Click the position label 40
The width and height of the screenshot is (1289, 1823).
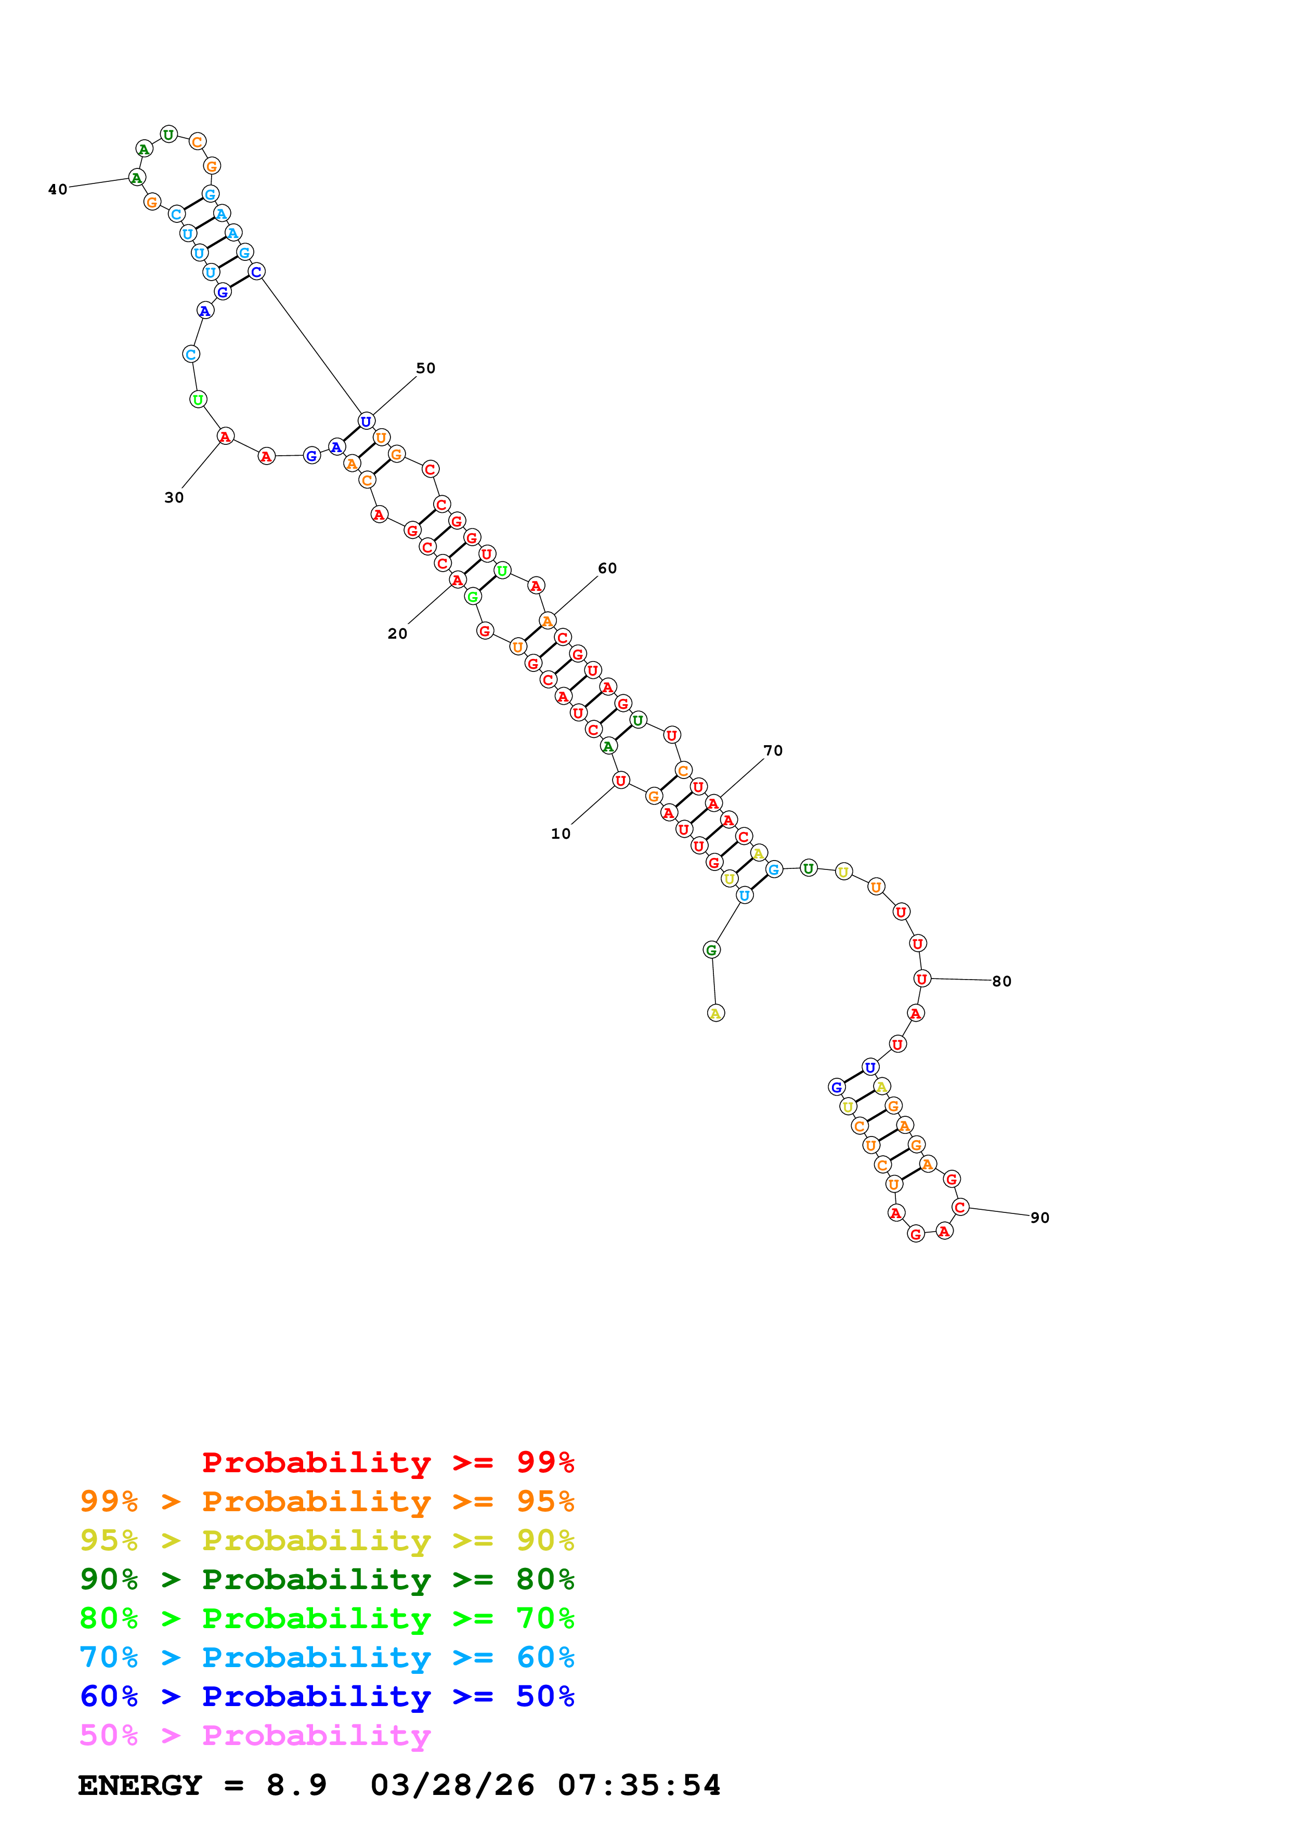(x=57, y=190)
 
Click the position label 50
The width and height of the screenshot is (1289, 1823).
(x=426, y=368)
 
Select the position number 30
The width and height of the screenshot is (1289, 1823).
(x=174, y=498)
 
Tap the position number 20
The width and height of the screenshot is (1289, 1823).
(x=397, y=633)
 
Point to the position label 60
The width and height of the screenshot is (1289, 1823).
(x=607, y=569)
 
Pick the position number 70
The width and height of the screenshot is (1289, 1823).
(x=773, y=751)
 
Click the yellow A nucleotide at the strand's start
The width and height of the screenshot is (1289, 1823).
(x=715, y=1014)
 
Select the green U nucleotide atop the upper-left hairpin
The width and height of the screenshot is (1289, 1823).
(x=168, y=134)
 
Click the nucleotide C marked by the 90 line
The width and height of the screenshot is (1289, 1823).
(x=960, y=1208)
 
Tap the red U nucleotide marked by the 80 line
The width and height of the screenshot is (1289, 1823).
(x=921, y=980)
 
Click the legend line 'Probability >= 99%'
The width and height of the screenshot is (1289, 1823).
(x=387, y=1462)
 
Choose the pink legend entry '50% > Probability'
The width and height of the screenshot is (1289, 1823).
(x=254, y=1736)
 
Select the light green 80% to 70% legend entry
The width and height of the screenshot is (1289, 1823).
(x=327, y=1618)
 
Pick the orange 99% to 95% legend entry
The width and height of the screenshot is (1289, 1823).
(x=327, y=1501)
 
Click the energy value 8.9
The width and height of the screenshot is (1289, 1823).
(x=296, y=1786)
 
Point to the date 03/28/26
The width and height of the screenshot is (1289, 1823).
(x=452, y=1786)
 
